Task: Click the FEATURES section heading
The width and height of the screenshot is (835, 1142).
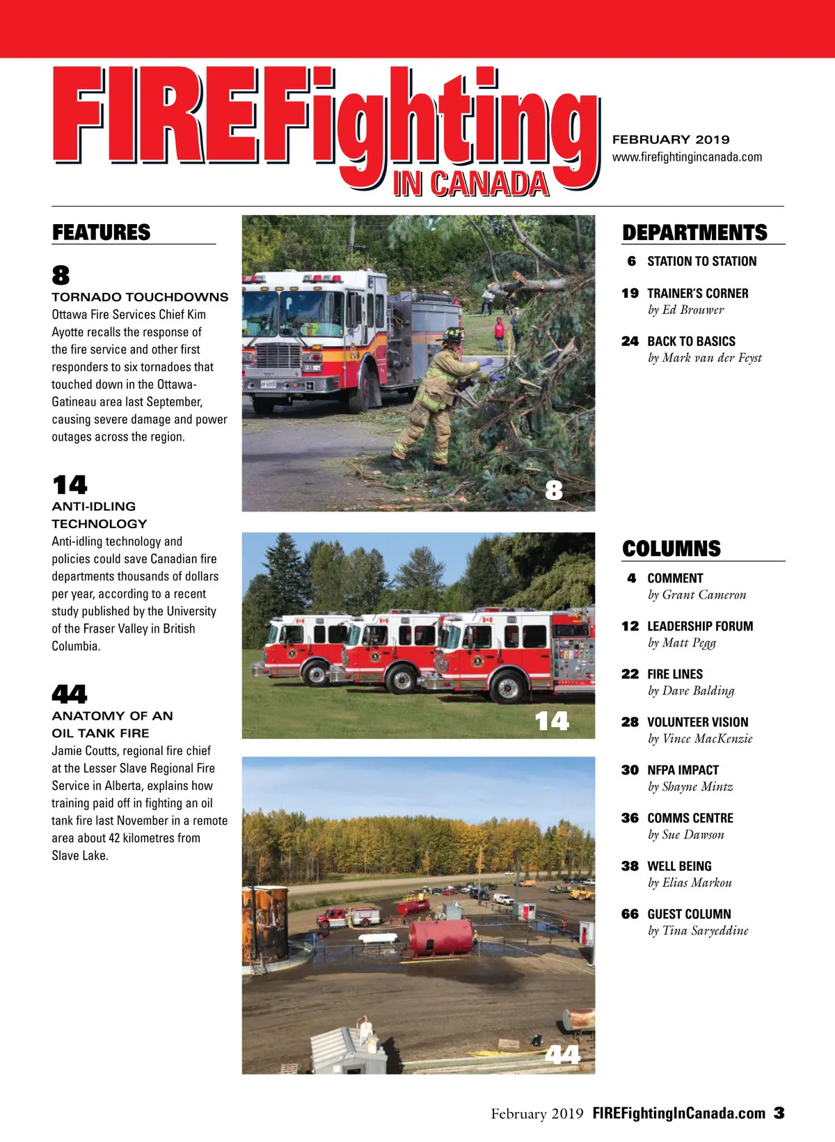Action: [x=102, y=232]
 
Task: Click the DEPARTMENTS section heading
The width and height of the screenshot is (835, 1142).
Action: [x=694, y=232]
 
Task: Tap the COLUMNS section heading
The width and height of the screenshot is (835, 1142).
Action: [x=671, y=548]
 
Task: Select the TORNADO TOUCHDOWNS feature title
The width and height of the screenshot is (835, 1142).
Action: [x=140, y=297]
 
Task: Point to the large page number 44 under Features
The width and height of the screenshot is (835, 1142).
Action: [x=70, y=694]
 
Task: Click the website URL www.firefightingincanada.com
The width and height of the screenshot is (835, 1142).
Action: [x=687, y=157]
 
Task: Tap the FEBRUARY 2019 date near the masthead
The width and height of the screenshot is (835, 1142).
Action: [x=671, y=139]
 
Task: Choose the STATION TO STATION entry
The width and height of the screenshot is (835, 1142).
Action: [x=701, y=262]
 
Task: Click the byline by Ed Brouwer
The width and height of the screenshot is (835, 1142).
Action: [x=685, y=310]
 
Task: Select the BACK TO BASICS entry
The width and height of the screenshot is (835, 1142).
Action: [x=691, y=342]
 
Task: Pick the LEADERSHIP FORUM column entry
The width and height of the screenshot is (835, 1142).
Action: [x=700, y=626]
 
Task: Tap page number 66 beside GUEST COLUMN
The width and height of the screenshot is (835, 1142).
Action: [x=630, y=914]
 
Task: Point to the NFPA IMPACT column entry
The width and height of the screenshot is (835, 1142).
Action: [x=683, y=770]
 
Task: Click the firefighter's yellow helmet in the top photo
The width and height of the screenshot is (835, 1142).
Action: [x=453, y=334]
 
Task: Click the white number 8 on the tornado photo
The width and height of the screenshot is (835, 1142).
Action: [x=554, y=491]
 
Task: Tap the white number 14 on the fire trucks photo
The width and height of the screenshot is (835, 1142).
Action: [x=552, y=721]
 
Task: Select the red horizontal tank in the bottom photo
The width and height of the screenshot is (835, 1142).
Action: [x=440, y=937]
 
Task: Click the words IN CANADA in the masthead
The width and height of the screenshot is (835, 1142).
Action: [x=471, y=184]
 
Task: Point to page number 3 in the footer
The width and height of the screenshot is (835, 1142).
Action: [x=779, y=1113]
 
